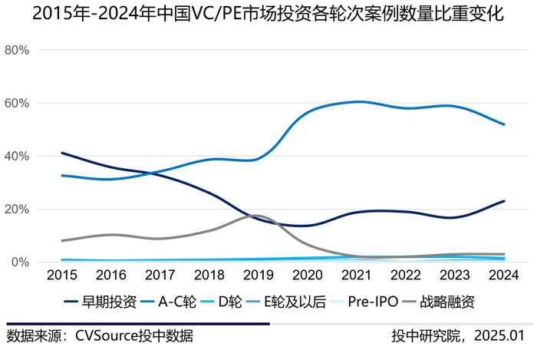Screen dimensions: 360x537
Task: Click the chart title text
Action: click(x=268, y=15)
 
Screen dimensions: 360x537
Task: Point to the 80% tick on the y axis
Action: click(x=17, y=51)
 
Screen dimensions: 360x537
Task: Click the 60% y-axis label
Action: click(x=17, y=104)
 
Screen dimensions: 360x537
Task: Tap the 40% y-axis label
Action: click(x=17, y=157)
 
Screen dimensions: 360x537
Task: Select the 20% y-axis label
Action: click(x=17, y=210)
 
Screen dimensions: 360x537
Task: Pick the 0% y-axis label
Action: click(x=20, y=263)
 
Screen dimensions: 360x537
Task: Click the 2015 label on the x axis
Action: click(x=61, y=275)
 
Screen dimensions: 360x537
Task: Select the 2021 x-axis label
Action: click(x=357, y=275)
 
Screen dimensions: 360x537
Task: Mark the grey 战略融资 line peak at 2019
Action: click(x=259, y=216)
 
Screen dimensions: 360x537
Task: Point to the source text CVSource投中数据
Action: click(x=100, y=336)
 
